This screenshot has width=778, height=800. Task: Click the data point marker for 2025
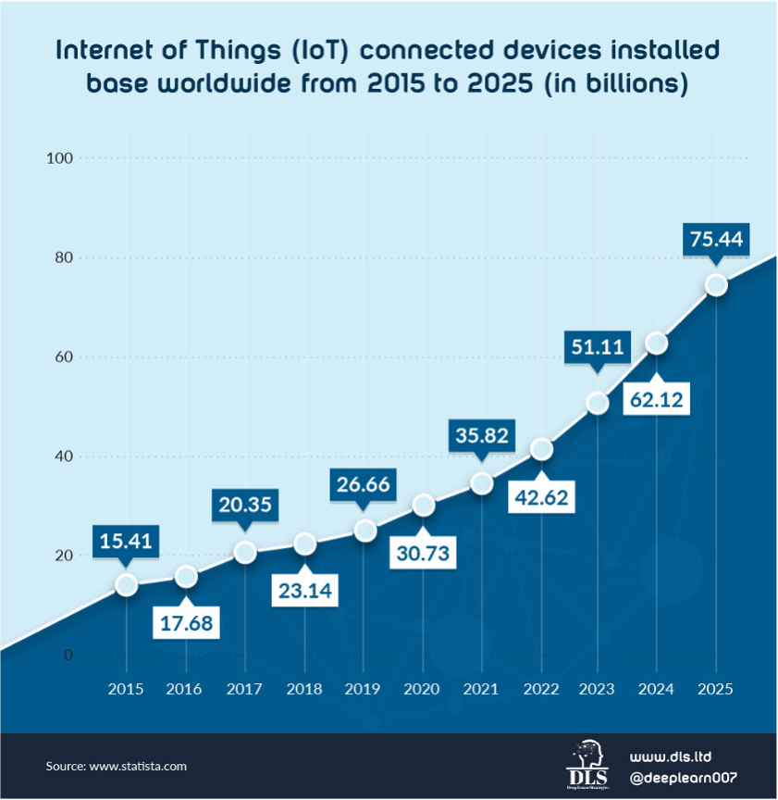pos(715,285)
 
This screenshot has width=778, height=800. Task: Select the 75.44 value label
pos(716,239)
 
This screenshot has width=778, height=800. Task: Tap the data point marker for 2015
pos(127,584)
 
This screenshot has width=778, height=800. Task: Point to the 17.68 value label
pos(185,622)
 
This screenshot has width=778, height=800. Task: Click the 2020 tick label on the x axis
pos(422,689)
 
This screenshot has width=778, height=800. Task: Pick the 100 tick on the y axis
pos(59,158)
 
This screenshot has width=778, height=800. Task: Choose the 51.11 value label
pos(597,347)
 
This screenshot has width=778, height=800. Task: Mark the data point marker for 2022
pos(542,450)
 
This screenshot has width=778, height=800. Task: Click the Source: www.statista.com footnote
pos(117,766)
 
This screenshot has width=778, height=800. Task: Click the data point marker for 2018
pos(304,544)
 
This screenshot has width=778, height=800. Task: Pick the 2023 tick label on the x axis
pos(597,689)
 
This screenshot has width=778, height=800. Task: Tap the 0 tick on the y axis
pos(68,656)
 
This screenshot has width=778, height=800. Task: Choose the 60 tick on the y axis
pos(63,357)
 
